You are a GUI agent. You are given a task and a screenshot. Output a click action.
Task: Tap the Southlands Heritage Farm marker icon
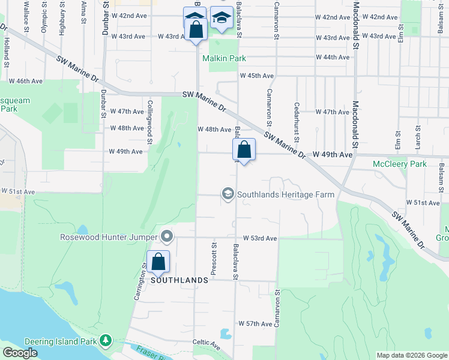click(228, 194)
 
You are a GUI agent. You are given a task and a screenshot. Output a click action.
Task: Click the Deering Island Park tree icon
click(106, 341)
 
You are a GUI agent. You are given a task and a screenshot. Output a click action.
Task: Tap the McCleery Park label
click(399, 164)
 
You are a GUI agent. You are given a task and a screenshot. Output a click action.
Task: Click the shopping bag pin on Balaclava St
click(244, 150)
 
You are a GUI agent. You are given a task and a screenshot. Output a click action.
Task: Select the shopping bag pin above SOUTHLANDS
click(158, 262)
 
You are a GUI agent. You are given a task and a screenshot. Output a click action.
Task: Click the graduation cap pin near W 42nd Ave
click(221, 19)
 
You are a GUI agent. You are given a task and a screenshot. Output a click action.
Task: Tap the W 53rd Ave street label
click(259, 238)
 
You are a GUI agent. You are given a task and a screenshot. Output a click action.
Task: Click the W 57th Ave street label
click(255, 324)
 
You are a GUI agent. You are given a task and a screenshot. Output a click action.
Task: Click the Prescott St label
click(213, 259)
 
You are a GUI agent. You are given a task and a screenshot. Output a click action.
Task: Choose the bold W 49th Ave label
click(332, 155)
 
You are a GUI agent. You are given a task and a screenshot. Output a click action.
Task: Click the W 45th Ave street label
click(256, 76)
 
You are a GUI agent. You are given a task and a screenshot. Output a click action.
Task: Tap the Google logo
click(20, 352)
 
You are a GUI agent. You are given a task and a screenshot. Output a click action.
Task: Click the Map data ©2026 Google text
click(411, 355)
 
